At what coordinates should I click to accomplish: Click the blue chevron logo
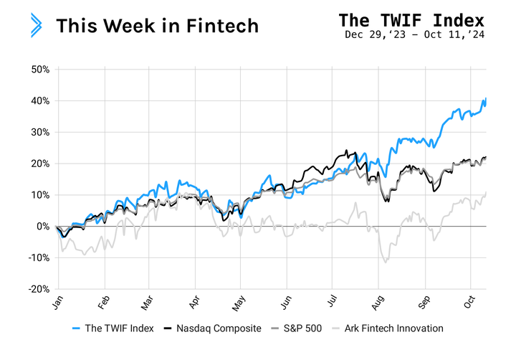(x=36, y=25)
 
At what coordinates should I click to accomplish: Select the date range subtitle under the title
(x=414, y=34)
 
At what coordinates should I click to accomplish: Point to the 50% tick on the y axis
(x=39, y=70)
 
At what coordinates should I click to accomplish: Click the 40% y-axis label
(x=39, y=101)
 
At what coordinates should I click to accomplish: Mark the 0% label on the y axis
(x=43, y=227)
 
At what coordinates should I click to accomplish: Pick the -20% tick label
(x=38, y=289)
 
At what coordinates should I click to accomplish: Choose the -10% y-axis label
(x=38, y=257)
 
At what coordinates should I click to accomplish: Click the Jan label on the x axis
(x=57, y=302)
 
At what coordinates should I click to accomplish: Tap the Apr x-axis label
(x=194, y=302)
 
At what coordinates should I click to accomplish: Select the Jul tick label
(x=332, y=302)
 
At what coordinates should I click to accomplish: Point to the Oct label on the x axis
(x=469, y=302)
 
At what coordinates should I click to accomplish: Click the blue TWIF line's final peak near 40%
(x=486, y=98)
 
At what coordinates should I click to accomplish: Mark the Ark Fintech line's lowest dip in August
(x=386, y=262)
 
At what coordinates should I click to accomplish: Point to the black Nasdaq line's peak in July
(x=347, y=151)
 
